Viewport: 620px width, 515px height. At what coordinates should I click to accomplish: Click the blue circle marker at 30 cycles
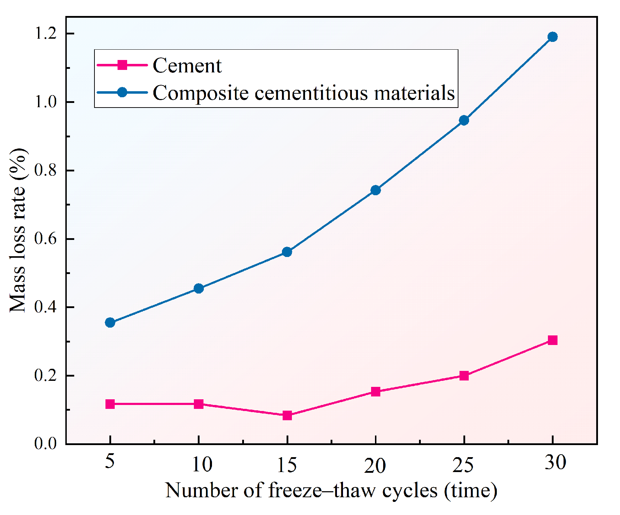[552, 37]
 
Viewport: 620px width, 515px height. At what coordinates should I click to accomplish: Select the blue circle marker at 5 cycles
[110, 323]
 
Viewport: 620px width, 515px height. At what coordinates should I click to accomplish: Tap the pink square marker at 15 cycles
[287, 415]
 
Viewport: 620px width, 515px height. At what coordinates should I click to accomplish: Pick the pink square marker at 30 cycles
[552, 340]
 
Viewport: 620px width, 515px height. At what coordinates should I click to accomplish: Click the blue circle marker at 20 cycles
[375, 190]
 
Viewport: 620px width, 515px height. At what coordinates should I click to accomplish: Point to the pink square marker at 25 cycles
[464, 376]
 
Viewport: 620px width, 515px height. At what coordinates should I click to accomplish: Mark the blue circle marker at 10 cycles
[198, 289]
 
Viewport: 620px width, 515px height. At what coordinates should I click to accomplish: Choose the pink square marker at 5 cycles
[110, 404]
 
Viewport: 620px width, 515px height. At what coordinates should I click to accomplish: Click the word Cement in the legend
[187, 66]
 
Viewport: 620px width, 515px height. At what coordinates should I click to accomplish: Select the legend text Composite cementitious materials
[304, 93]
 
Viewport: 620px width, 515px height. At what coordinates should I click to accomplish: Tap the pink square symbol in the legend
[122, 65]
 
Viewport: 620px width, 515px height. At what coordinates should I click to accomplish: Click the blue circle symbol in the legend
[122, 93]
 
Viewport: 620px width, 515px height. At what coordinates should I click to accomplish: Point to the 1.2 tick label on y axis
[45, 33]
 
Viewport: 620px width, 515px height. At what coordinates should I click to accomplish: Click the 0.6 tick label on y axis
[45, 239]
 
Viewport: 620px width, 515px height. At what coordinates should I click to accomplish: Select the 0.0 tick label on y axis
[45, 444]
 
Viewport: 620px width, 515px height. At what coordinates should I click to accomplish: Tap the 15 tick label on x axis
[287, 465]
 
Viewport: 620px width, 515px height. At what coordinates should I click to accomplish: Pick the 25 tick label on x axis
[463, 465]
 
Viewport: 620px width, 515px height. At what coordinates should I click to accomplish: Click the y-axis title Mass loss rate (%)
[18, 231]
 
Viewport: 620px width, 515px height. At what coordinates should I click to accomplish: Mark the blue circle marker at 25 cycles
[464, 121]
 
